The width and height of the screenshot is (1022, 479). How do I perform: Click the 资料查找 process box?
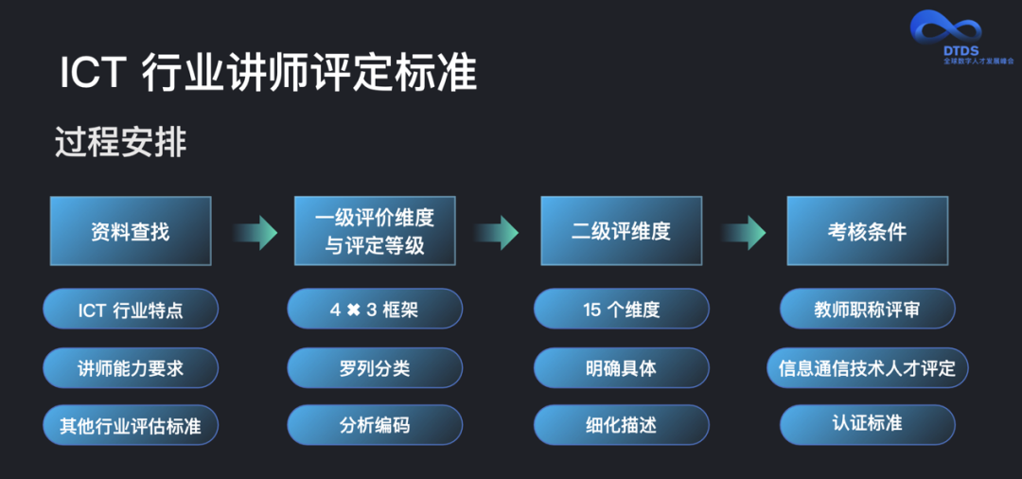point(131,231)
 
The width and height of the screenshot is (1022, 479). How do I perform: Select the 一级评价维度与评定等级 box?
point(375,231)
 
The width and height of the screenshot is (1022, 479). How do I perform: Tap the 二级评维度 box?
point(621,231)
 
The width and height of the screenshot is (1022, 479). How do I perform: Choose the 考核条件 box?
point(867,231)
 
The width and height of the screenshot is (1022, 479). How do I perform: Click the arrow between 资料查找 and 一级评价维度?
point(254,232)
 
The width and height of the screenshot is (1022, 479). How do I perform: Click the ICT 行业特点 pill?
point(131,310)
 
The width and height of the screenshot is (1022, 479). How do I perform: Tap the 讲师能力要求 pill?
point(131,367)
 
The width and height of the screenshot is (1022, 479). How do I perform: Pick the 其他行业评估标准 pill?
point(131,425)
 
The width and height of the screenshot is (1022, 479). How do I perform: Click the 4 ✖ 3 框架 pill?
point(375,310)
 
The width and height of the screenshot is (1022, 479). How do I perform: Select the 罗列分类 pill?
point(375,367)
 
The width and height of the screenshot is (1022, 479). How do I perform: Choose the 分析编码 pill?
point(375,425)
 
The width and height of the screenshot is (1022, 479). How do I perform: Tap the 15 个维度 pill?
point(621,310)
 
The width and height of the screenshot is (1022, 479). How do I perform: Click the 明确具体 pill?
point(621,367)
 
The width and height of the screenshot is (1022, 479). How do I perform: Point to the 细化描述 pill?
point(621,425)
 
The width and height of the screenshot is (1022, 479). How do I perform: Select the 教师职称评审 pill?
point(867,310)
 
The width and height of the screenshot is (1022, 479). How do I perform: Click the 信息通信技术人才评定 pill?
point(867,367)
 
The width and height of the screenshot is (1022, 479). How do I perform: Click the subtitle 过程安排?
point(121,143)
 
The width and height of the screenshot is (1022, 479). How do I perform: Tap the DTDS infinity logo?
point(946,27)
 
